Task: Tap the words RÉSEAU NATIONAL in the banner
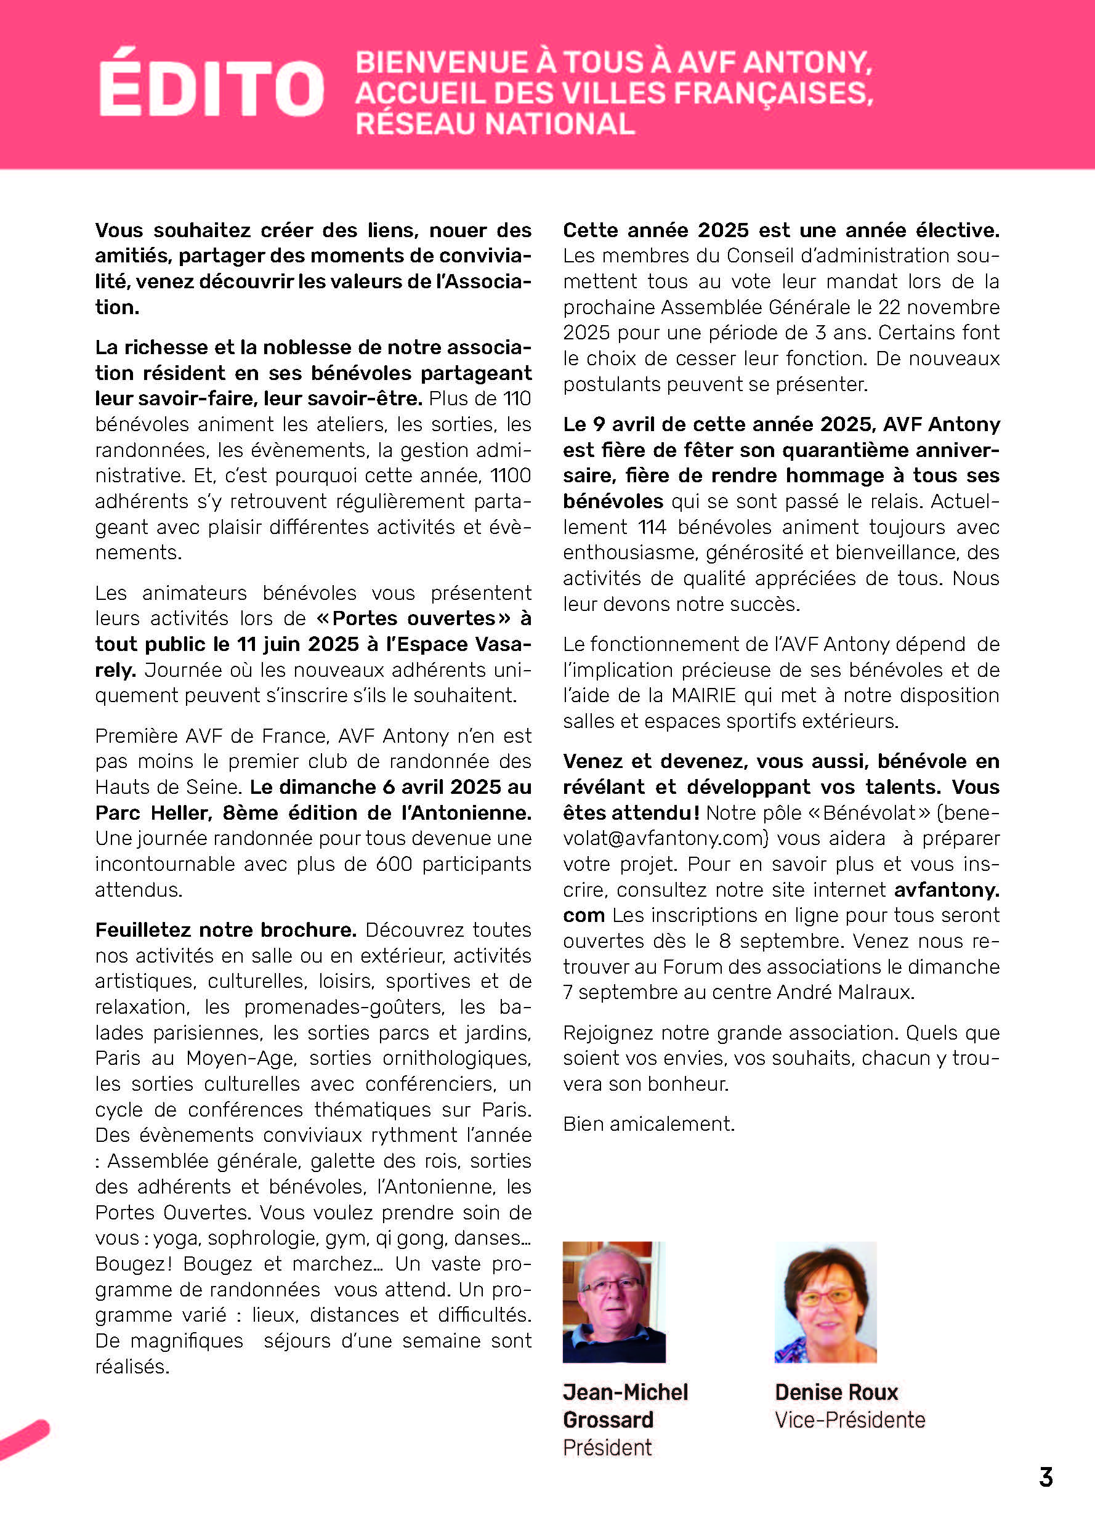coord(495,124)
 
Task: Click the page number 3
coord(1046,1477)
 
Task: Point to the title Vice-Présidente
coord(850,1420)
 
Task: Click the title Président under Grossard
coord(607,1447)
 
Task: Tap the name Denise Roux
coord(836,1392)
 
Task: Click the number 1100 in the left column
coord(511,475)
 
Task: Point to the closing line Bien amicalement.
coord(649,1124)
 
